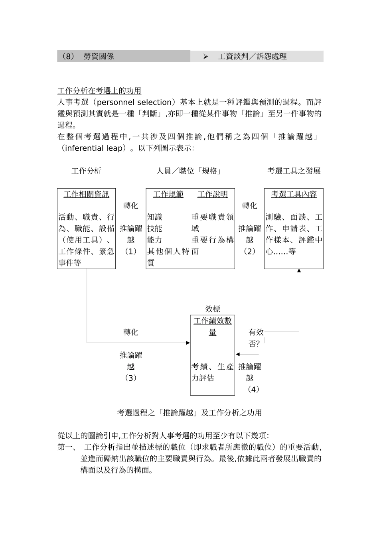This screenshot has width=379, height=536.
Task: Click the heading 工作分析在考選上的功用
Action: (99, 91)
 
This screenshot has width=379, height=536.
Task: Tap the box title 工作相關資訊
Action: (86, 194)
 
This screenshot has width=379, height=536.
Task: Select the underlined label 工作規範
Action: (168, 194)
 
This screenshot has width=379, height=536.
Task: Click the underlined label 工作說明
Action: (213, 194)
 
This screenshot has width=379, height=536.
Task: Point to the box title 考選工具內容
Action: (294, 194)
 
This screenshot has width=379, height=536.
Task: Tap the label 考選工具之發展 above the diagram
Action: (294, 171)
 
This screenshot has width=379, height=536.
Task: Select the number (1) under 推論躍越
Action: (131, 251)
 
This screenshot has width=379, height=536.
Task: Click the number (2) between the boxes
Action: (250, 251)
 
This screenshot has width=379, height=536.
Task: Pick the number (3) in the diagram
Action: (131, 378)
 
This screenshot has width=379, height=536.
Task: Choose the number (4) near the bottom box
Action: (253, 389)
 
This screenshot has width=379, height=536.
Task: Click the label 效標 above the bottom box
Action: (213, 309)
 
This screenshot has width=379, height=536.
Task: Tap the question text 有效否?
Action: (256, 337)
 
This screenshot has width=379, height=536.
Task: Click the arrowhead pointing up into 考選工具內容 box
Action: (299, 271)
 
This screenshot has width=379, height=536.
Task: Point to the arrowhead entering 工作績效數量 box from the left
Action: (188, 343)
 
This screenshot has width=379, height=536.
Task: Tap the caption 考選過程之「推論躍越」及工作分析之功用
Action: (189, 413)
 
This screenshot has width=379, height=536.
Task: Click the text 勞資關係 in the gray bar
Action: (99, 57)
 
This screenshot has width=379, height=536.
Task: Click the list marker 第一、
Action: (67, 447)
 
